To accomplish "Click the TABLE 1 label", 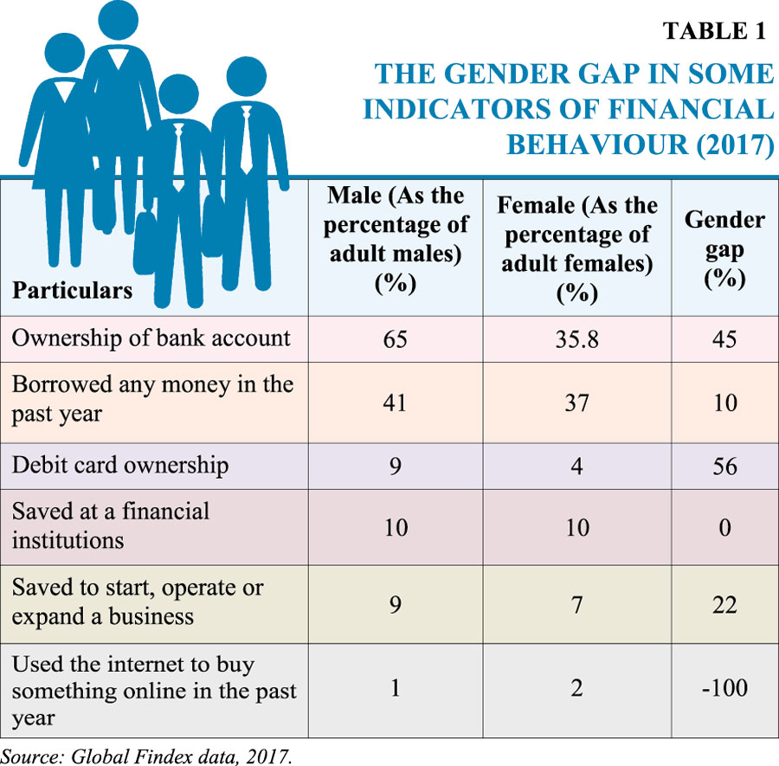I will click(x=714, y=31).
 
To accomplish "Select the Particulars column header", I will click(x=72, y=289).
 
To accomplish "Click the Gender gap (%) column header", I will click(x=724, y=249).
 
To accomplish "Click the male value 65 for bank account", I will click(x=396, y=338).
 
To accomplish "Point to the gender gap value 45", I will click(x=724, y=338).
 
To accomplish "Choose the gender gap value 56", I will click(x=724, y=466).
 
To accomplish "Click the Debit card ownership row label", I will click(x=120, y=466).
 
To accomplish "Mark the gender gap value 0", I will click(x=724, y=526).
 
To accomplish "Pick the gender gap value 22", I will click(x=724, y=603).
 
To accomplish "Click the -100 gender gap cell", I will click(x=724, y=690).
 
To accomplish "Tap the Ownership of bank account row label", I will click(x=151, y=338).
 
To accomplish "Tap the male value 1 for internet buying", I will click(x=396, y=690).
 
